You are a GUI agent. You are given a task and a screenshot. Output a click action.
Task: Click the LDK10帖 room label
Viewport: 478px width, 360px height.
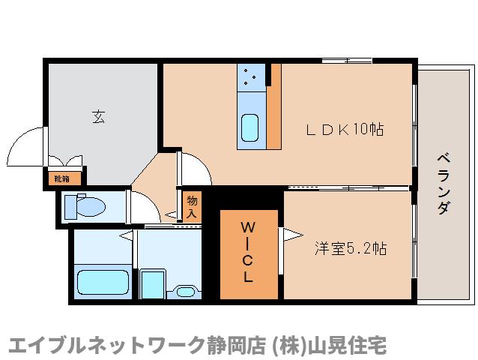click(x=345, y=129)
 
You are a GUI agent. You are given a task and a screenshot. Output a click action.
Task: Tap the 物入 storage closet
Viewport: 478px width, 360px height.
click(x=191, y=205)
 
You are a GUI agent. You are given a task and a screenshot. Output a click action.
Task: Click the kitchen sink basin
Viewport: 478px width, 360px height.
click(x=250, y=128)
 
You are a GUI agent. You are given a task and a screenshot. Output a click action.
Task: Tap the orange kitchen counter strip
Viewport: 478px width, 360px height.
click(x=275, y=105)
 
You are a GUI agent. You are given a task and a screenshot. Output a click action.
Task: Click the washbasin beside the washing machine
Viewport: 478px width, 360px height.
click(x=183, y=288)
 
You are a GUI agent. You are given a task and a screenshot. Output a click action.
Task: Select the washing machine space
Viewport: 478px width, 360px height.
click(x=153, y=283)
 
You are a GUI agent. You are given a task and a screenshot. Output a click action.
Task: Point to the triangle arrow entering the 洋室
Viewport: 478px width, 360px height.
click(x=284, y=234)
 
